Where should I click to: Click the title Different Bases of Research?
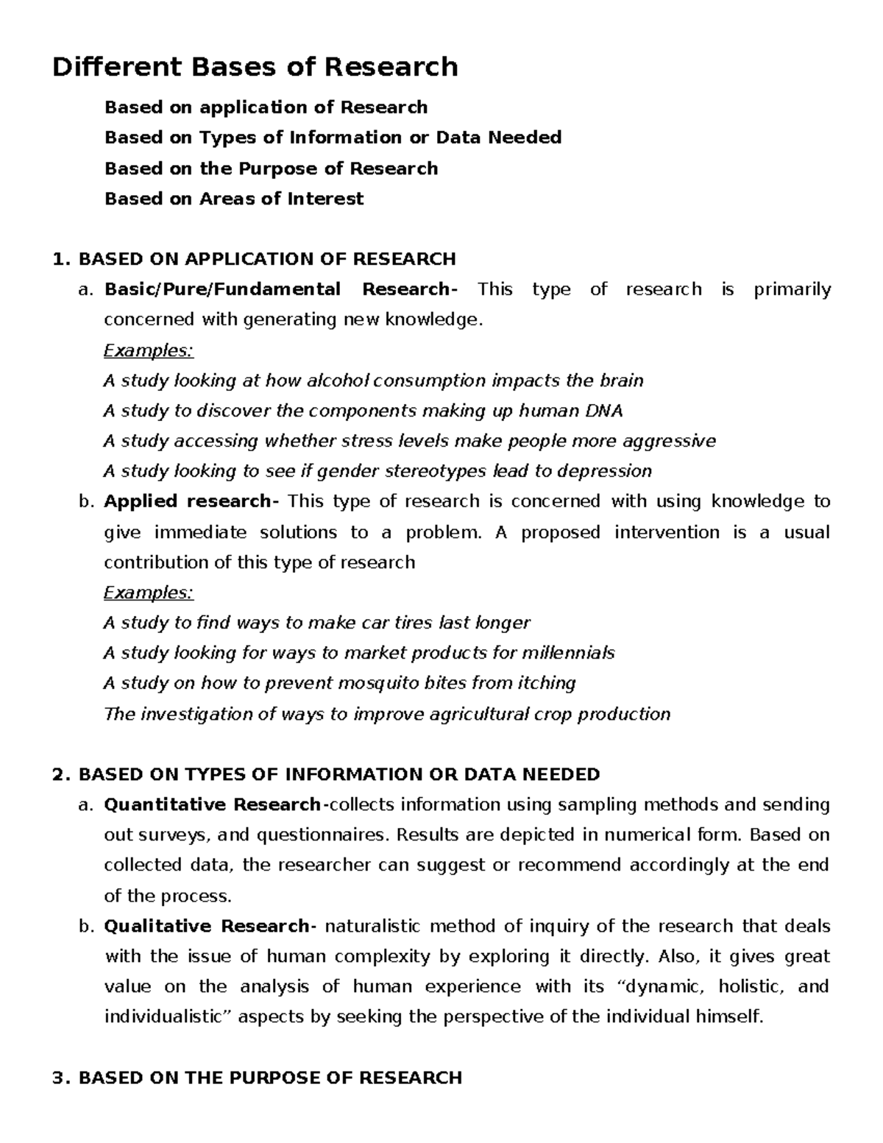click(x=255, y=67)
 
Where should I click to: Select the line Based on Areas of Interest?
click(x=234, y=199)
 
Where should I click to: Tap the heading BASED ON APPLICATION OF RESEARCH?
click(x=266, y=259)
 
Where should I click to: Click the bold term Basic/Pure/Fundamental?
click(x=222, y=289)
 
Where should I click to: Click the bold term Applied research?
click(x=188, y=502)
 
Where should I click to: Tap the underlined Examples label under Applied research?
click(x=148, y=592)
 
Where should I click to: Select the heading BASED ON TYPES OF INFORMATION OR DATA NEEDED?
click(x=338, y=774)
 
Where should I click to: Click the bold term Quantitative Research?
click(x=212, y=804)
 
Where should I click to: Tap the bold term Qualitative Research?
click(x=207, y=926)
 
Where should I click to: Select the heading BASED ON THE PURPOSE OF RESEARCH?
click(x=269, y=1078)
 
